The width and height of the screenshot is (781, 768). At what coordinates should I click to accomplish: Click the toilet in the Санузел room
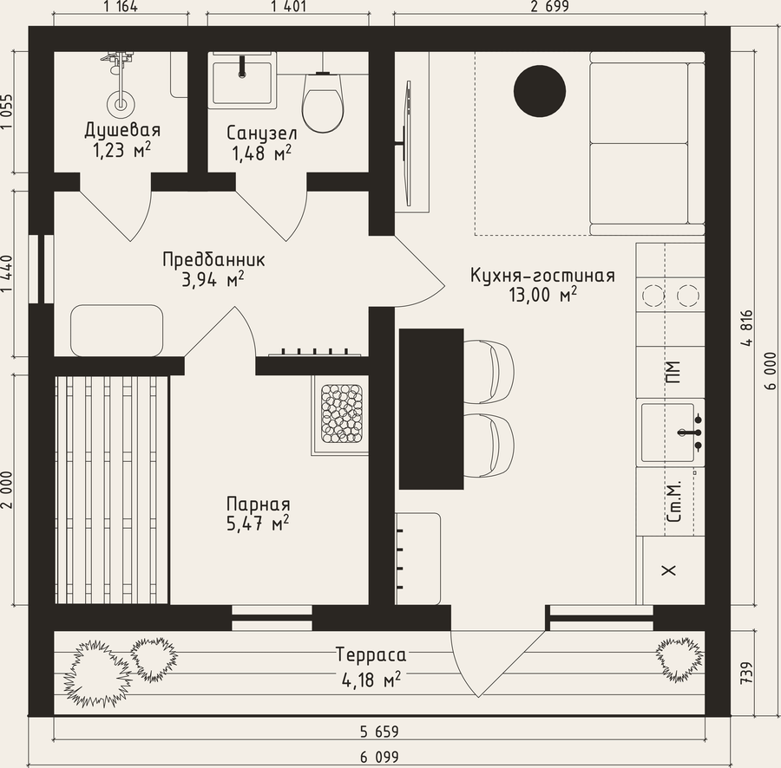click(x=323, y=102)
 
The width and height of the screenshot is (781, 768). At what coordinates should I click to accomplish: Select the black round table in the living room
click(x=540, y=91)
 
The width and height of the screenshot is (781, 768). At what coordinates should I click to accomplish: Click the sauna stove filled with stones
click(x=342, y=413)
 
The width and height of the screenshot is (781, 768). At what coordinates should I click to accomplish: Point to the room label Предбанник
click(x=213, y=260)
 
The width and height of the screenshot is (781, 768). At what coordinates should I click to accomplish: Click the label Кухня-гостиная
click(x=542, y=275)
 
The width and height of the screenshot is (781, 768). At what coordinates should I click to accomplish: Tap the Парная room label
click(x=258, y=504)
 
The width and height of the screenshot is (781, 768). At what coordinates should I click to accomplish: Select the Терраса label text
click(x=371, y=654)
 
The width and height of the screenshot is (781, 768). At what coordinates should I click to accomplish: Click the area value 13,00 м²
click(x=542, y=295)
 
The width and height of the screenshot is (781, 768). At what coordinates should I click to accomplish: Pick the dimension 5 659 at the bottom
click(x=379, y=732)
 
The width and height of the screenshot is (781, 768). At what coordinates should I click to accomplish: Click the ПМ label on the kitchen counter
click(x=673, y=372)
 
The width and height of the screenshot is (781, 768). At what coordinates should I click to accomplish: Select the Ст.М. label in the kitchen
click(x=673, y=501)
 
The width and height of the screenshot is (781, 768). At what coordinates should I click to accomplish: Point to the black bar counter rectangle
click(x=431, y=408)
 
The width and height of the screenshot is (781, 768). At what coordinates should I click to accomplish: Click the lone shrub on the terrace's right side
click(x=680, y=658)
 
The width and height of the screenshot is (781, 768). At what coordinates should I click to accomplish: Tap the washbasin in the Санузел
click(x=243, y=82)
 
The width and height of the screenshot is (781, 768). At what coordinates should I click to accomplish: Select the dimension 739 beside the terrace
click(x=746, y=673)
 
